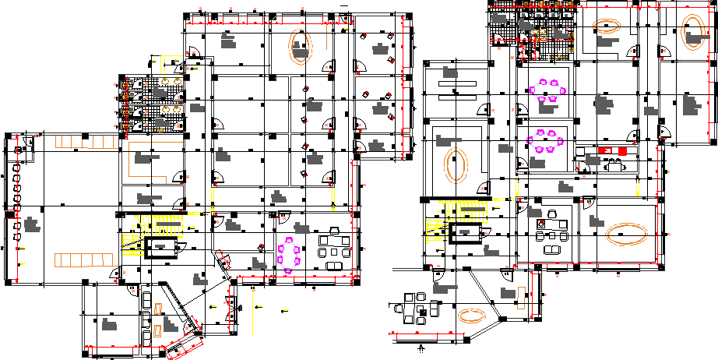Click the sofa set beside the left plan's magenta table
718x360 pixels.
(336, 248)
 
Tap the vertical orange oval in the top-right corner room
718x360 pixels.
(692, 33)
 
